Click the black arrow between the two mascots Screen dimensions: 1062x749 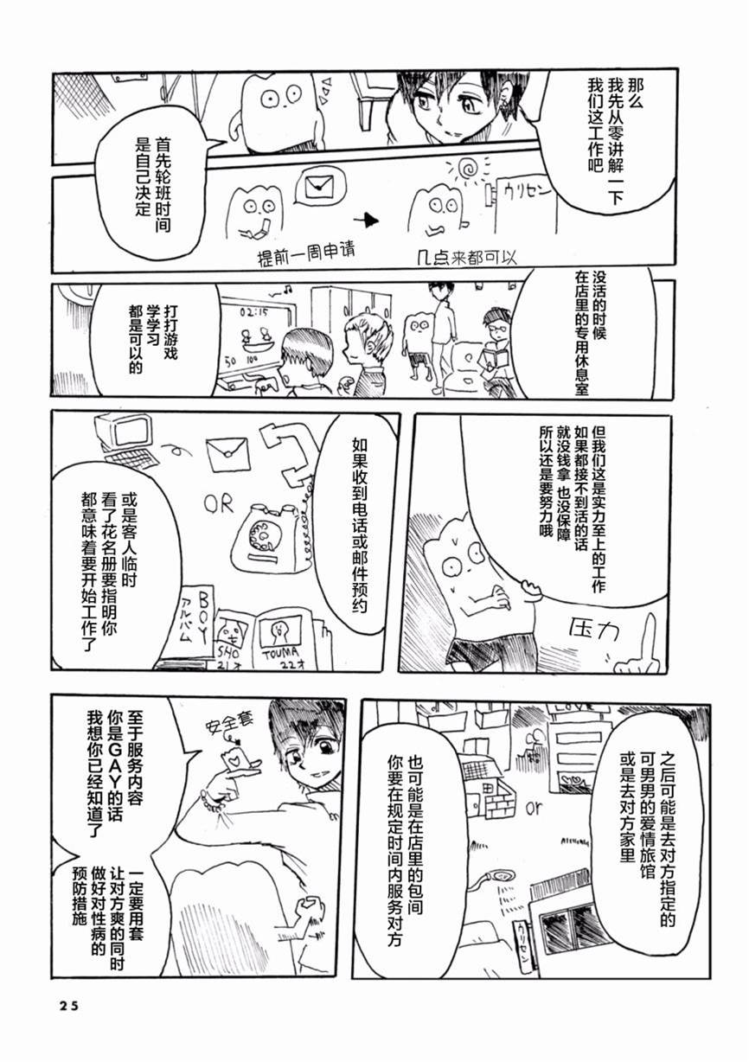click(x=369, y=220)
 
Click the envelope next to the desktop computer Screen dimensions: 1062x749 click(x=227, y=452)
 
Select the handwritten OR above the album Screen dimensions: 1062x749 click(x=219, y=503)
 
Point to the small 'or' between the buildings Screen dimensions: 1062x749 click(x=532, y=809)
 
